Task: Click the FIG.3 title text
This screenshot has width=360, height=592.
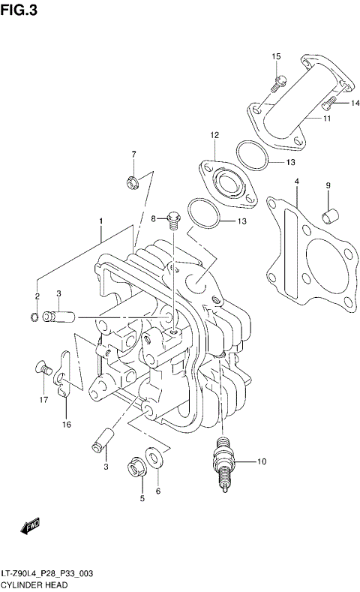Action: pyautogui.click(x=20, y=10)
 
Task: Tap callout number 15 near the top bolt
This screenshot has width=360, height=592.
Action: pyautogui.click(x=276, y=57)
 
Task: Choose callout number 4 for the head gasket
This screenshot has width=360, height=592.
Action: pyautogui.click(x=296, y=182)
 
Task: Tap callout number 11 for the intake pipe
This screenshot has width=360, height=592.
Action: pyautogui.click(x=327, y=119)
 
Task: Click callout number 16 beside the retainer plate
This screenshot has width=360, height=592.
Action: pyautogui.click(x=66, y=425)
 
